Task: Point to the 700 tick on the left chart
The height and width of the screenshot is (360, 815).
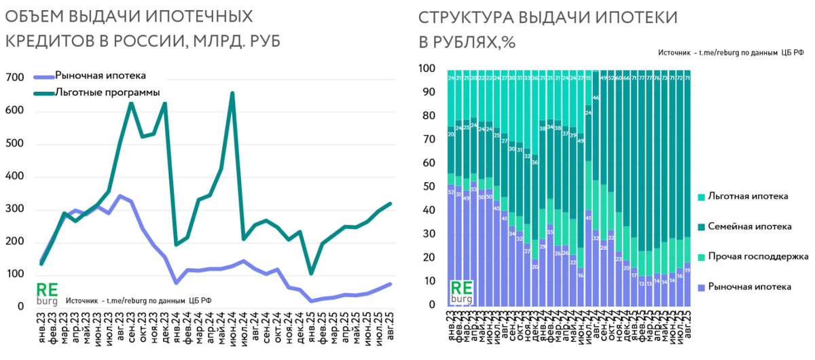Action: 14,79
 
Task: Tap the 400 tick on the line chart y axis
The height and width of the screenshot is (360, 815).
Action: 14,177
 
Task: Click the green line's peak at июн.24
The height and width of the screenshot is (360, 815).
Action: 232,94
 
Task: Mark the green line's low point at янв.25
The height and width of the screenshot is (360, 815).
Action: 311,273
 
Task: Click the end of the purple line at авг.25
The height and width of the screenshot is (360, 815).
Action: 390,284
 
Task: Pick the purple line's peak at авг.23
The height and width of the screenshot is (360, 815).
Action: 120,196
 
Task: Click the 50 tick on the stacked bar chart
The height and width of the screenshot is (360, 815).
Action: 429,187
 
